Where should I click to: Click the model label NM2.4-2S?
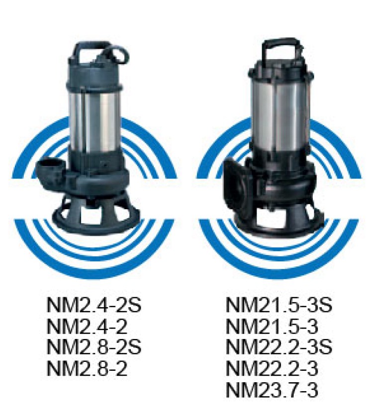(93, 305)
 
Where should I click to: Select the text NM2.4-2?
(87, 326)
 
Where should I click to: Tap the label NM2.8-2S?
(93, 347)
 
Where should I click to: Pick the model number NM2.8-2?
(87, 368)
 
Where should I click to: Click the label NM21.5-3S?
(279, 305)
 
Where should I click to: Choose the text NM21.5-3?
(272, 326)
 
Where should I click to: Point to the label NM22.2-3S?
(279, 347)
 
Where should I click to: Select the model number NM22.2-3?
(272, 368)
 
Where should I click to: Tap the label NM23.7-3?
(272, 389)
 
